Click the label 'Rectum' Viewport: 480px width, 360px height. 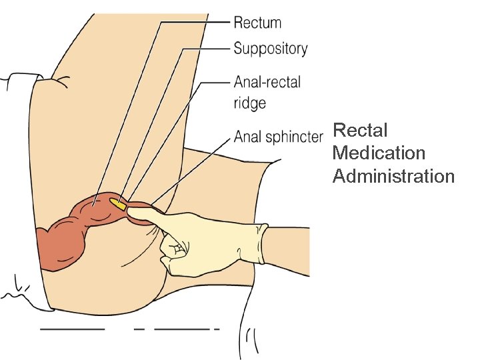click(257, 23)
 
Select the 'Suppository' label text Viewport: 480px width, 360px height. click(270, 49)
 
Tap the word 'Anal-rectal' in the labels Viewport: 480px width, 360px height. click(267, 82)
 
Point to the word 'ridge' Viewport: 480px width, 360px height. click(250, 103)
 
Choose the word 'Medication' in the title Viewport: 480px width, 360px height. click(379, 153)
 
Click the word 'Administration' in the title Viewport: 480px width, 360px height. click(393, 176)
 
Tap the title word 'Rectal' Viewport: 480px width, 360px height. click(360, 129)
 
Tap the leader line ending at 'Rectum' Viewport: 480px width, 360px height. click(193, 23)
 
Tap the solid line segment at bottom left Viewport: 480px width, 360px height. click(72, 329)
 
